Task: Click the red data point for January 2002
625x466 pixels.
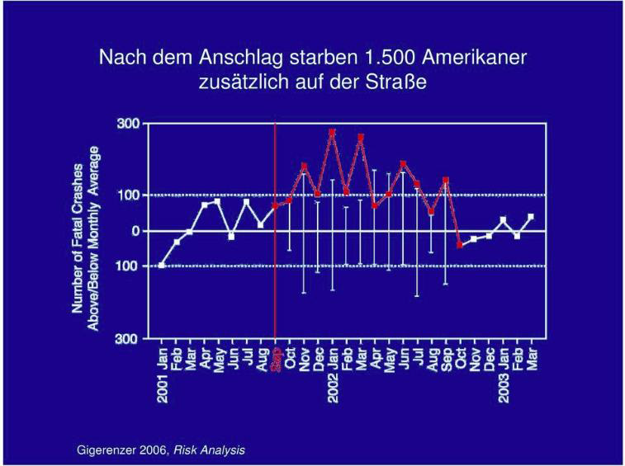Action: point(332,132)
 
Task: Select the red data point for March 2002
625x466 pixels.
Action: point(360,137)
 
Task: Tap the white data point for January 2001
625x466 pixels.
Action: point(162,265)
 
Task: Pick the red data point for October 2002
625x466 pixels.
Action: point(459,245)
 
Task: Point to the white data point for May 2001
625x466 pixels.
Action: point(218,201)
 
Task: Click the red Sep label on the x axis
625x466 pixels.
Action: point(277,363)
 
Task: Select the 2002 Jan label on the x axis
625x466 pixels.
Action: point(332,375)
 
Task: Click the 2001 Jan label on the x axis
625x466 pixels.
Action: point(163,375)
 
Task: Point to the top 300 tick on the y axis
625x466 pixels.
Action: point(130,124)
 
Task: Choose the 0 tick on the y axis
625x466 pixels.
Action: point(135,231)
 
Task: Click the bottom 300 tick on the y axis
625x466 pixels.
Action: point(130,339)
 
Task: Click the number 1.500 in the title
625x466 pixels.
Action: point(391,58)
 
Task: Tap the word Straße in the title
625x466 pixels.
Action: point(401,82)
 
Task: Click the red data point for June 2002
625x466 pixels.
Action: point(403,164)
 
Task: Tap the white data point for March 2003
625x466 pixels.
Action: point(531,217)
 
